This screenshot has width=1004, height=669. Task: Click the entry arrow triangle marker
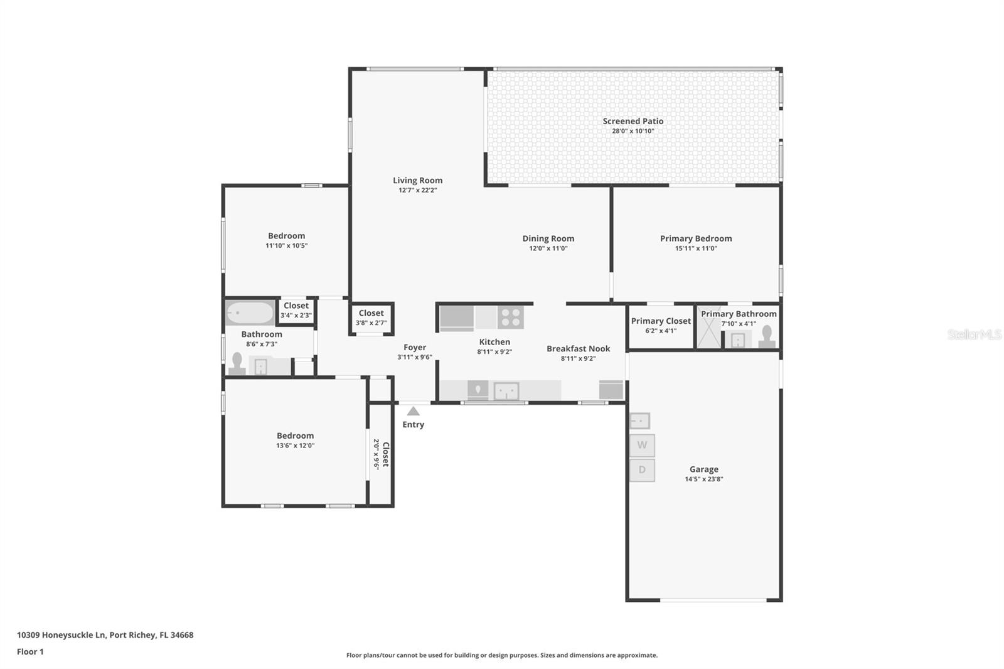414,411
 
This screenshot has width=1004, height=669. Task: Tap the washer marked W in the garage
642,445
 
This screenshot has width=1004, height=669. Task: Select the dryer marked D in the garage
642,470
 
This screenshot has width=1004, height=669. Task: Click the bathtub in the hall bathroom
250,313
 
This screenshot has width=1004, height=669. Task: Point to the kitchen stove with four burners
511,317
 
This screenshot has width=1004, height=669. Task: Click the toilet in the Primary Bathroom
767,336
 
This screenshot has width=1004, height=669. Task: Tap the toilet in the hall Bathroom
237,363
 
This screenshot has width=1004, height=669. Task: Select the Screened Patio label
633,121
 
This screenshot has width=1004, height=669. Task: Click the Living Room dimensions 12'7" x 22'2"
418,190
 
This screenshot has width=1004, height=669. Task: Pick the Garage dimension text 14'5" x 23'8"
703,479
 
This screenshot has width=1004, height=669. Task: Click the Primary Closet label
661,321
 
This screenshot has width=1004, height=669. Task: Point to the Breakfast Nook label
578,348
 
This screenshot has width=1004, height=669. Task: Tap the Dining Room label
548,238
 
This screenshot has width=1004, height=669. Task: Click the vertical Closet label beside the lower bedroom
385,454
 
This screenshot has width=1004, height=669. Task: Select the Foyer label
415,348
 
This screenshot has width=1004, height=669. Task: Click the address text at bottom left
105,635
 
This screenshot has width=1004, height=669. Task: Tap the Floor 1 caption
31,652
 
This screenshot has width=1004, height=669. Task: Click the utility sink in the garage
639,421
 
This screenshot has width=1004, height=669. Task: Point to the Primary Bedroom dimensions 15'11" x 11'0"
696,249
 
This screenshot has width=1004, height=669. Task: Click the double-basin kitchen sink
506,391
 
